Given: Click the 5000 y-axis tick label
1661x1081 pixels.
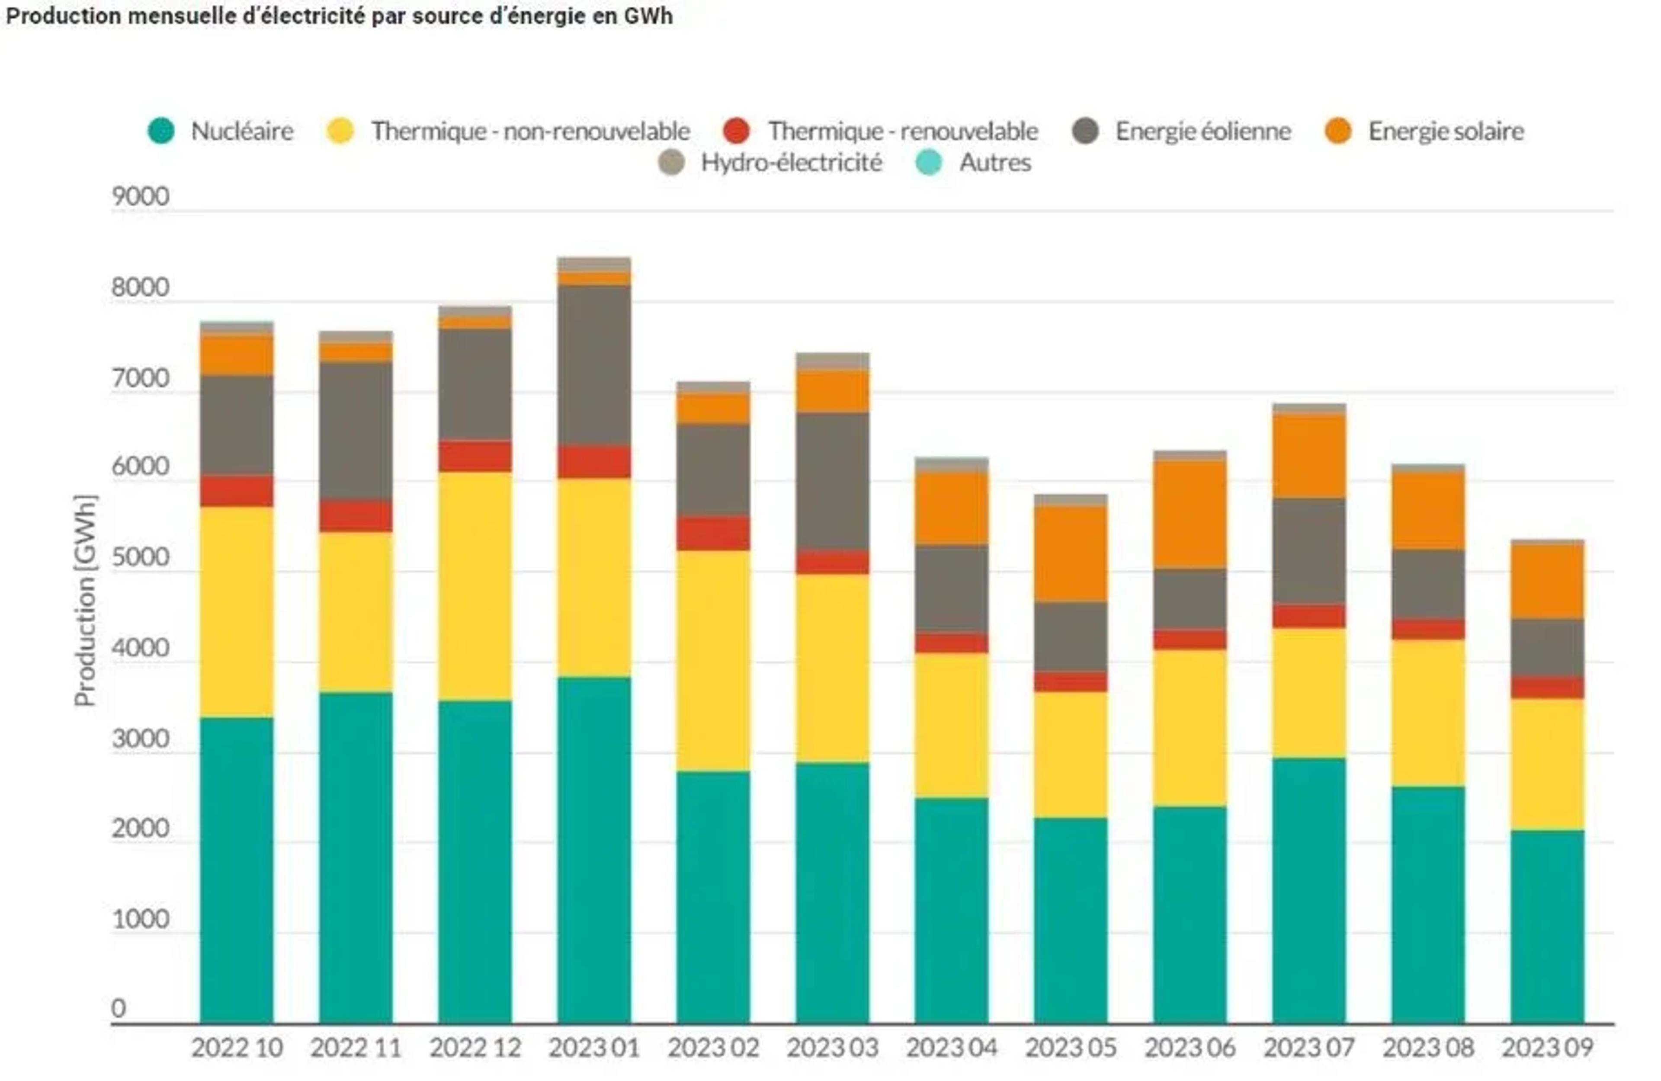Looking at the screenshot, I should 140,558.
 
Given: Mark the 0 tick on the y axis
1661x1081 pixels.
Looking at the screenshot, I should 119,1008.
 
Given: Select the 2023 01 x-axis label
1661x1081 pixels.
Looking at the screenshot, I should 594,1048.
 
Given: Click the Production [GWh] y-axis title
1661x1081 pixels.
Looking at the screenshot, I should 85,600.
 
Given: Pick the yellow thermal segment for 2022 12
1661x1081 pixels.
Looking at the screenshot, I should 475,586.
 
